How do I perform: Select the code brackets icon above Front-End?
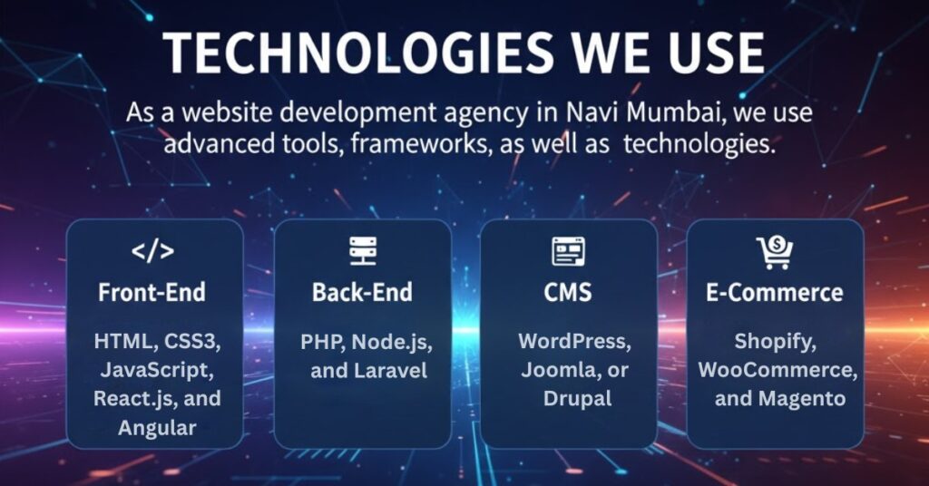[153, 252]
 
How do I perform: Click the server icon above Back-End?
[362, 251]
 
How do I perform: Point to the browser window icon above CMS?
[568, 251]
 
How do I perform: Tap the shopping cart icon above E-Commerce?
[774, 252]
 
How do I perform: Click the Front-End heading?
[153, 293]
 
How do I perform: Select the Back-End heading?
[362, 293]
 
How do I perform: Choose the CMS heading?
[568, 293]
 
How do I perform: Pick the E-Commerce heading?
[774, 293]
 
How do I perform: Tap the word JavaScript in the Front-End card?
[157, 371]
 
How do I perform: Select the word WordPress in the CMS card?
[572, 342]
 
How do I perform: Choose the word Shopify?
[774, 342]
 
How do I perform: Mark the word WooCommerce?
[776, 371]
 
